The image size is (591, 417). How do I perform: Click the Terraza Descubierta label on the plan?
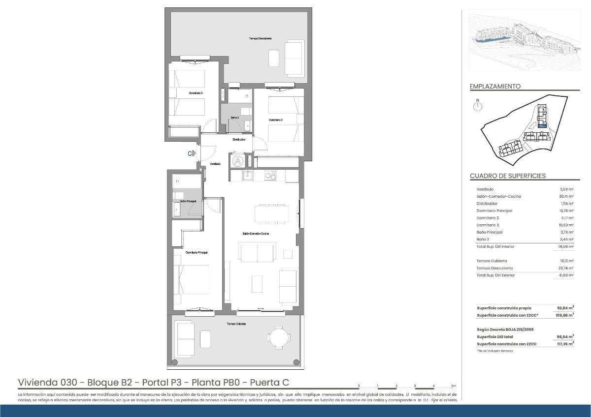(x=260, y=38)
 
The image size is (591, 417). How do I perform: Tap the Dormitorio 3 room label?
(x=196, y=93)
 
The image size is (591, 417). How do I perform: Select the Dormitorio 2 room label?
(x=275, y=119)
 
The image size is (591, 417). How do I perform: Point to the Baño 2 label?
(x=235, y=118)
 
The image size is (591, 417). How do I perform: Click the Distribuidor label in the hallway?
(x=239, y=139)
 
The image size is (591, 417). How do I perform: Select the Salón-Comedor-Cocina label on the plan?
(x=255, y=234)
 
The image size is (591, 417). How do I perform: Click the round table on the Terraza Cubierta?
(x=279, y=338)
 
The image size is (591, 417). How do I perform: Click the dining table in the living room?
(x=271, y=214)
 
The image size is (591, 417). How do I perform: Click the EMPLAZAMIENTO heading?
(x=495, y=86)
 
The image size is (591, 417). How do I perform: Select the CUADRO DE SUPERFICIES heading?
(x=507, y=176)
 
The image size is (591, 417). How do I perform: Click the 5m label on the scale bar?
(x=453, y=386)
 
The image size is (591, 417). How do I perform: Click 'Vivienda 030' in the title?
(x=46, y=383)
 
